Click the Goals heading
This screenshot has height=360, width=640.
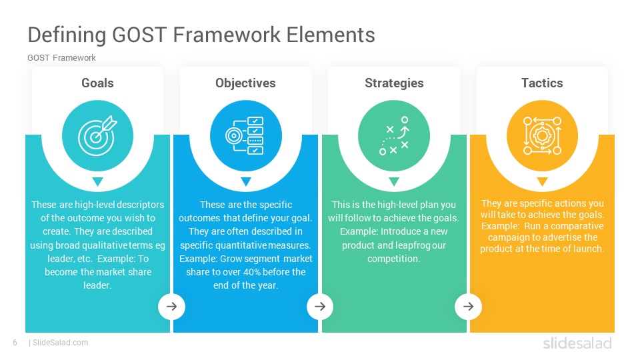point(97,83)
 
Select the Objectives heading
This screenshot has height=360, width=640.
point(246,83)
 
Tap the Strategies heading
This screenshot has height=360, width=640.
point(394,83)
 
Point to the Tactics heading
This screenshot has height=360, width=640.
point(542,83)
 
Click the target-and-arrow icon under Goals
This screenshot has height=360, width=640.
point(97,136)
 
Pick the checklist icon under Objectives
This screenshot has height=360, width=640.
point(245,135)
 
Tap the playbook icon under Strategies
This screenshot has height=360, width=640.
point(394,136)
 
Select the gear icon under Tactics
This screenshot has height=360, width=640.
point(542,136)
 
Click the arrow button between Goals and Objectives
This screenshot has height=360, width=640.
point(172,306)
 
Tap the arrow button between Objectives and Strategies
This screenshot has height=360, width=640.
point(320,306)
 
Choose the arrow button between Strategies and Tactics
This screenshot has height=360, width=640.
point(468,306)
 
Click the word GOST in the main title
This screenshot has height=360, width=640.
point(139,35)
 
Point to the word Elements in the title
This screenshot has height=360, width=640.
point(331,35)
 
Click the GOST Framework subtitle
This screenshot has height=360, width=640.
point(61,58)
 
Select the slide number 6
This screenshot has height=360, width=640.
point(15,343)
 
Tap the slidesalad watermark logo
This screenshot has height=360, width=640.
point(577,343)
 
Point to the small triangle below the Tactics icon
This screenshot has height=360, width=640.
point(542,181)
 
